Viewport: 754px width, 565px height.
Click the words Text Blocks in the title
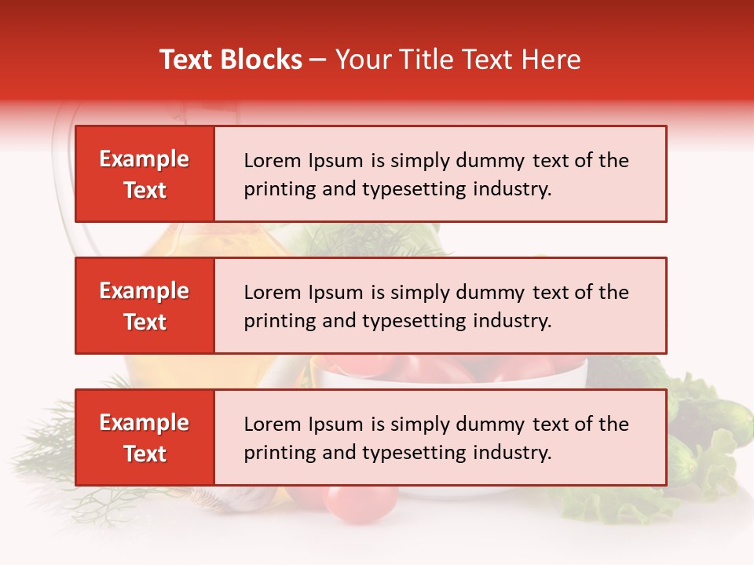(x=231, y=60)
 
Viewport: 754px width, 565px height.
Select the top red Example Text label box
(x=145, y=174)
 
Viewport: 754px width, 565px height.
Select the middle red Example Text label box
(x=145, y=306)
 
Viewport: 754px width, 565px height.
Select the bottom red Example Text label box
(x=145, y=438)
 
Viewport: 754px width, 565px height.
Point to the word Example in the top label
(x=145, y=159)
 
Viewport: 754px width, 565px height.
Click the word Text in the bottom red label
(x=145, y=454)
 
